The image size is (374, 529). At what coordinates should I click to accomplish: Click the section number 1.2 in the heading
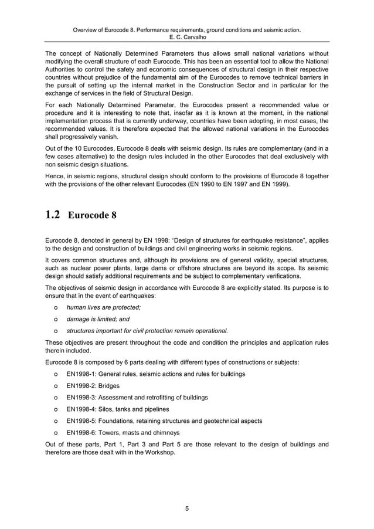point(53,214)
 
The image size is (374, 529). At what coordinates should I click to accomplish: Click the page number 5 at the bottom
point(186,508)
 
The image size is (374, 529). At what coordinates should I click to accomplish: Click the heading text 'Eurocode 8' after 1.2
point(93,215)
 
